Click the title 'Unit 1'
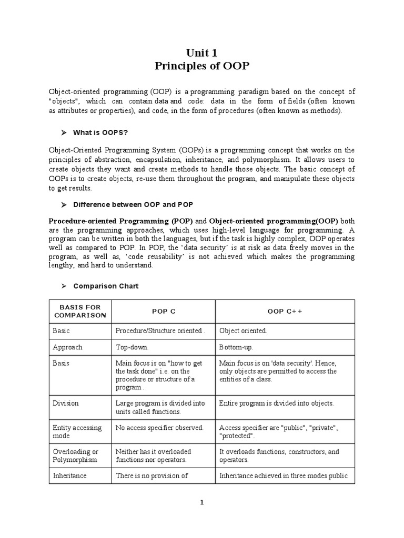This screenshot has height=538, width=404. click(201, 53)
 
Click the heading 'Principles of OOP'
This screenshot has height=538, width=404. click(201, 66)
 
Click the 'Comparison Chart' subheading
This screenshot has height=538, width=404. click(106, 286)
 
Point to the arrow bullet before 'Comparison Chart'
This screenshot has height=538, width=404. click(63, 286)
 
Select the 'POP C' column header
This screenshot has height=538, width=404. click(164, 311)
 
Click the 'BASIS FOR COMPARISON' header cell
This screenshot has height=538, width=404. click(79, 311)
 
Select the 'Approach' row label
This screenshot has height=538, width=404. click(67, 347)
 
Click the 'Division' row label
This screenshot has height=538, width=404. click(66, 403)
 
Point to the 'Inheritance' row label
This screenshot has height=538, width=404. click(69, 475)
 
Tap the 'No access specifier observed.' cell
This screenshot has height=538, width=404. click(159, 428)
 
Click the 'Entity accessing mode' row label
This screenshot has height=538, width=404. click(77, 432)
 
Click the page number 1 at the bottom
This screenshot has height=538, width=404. click(201, 502)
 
